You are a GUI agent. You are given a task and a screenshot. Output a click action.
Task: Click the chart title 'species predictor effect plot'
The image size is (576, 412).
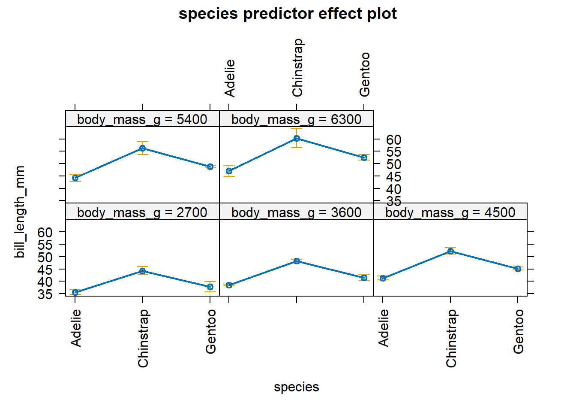[288, 14]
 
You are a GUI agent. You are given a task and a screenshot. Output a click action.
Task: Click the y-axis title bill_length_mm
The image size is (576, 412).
[20, 212]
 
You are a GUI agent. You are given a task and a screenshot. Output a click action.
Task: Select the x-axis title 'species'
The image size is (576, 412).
[296, 387]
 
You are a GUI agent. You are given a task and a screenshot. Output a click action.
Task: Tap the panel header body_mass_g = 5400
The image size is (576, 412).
[142, 119]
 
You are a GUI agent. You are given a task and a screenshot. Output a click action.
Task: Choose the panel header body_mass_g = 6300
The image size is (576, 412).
[296, 119]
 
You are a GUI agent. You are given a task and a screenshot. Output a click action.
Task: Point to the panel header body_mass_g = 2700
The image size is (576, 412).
[142, 212]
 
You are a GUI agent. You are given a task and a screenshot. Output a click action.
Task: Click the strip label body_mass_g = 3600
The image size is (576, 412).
[296, 212]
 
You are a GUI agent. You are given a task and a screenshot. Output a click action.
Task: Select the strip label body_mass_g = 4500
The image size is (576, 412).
[450, 212]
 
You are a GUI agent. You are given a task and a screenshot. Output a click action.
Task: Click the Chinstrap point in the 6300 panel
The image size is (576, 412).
[297, 138]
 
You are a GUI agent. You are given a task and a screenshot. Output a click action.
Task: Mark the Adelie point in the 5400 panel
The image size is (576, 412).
[75, 178]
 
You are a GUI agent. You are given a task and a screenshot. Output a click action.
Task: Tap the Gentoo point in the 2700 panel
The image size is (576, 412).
[210, 287]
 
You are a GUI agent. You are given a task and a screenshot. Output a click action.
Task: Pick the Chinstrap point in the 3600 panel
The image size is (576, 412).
[297, 261]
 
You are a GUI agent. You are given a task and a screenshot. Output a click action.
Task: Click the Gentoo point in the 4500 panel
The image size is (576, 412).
[518, 269]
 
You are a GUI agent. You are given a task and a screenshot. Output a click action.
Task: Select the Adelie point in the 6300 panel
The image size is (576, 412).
[229, 171]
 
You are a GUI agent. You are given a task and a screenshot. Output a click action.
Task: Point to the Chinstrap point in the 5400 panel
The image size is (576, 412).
[142, 148]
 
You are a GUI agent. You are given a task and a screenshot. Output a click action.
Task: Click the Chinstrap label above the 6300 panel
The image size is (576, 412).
[297, 68]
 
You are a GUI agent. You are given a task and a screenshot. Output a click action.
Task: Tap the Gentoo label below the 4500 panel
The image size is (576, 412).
[519, 332]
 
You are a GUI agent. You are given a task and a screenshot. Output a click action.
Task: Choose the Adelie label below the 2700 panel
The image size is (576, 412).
[76, 328]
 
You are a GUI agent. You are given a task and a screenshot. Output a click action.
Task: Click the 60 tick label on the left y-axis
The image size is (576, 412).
[45, 232]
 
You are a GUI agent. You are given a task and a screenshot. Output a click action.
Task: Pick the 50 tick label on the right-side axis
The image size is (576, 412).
[393, 164]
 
